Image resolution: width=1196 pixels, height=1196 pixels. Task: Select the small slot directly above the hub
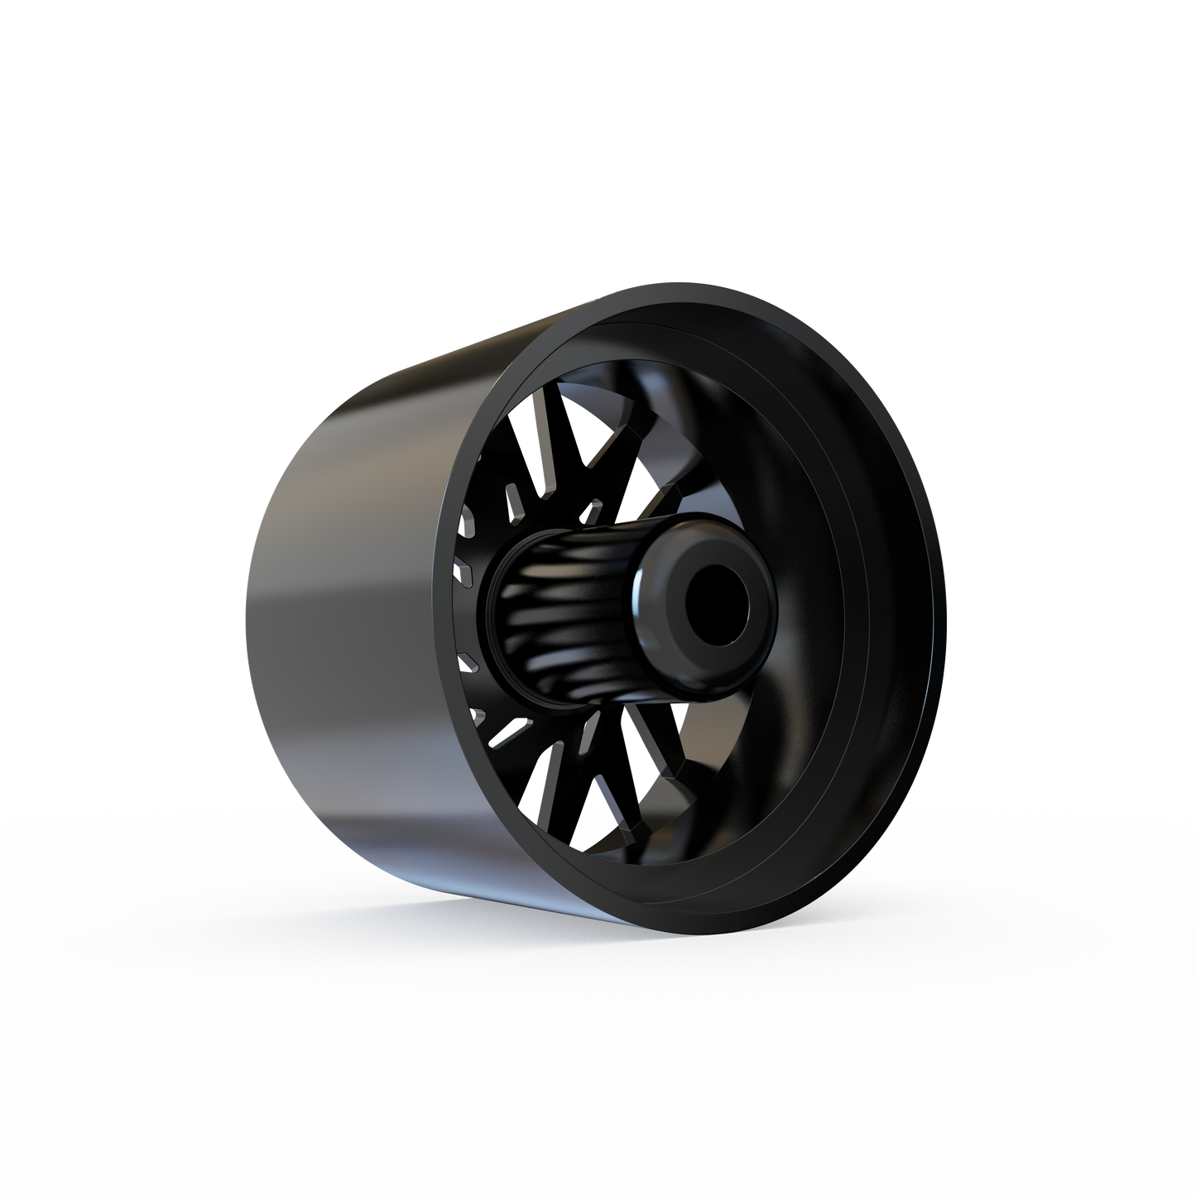click(593, 507)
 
